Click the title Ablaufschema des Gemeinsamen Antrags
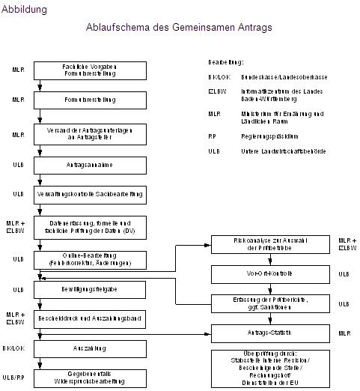point(179,27)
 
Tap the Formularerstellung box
point(91,99)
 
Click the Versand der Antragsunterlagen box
point(91,133)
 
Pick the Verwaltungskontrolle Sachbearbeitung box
point(91,194)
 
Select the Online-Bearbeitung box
point(91,258)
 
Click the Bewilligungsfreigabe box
point(91,288)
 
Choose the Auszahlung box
point(91,348)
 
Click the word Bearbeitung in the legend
point(226,62)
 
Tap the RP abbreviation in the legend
point(213,136)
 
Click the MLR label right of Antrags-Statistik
point(344,332)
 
